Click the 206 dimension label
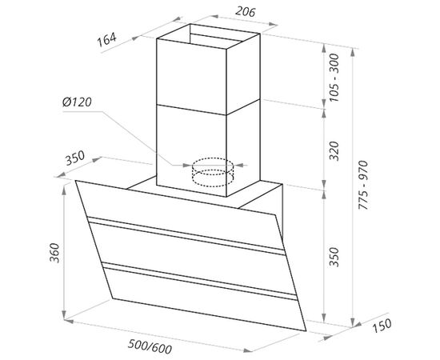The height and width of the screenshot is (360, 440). tap(245, 12)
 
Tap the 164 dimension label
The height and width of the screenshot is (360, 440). tap(106, 39)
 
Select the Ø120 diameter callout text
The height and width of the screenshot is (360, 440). tap(77, 102)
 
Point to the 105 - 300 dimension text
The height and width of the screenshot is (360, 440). tap(334, 78)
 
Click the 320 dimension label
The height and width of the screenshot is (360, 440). tap(334, 151)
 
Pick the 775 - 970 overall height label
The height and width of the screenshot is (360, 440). tap(363, 185)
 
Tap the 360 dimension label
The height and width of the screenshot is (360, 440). tap(54, 253)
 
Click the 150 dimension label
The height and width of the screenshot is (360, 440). tap(382, 326)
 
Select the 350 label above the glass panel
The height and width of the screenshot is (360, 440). tap(75, 158)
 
